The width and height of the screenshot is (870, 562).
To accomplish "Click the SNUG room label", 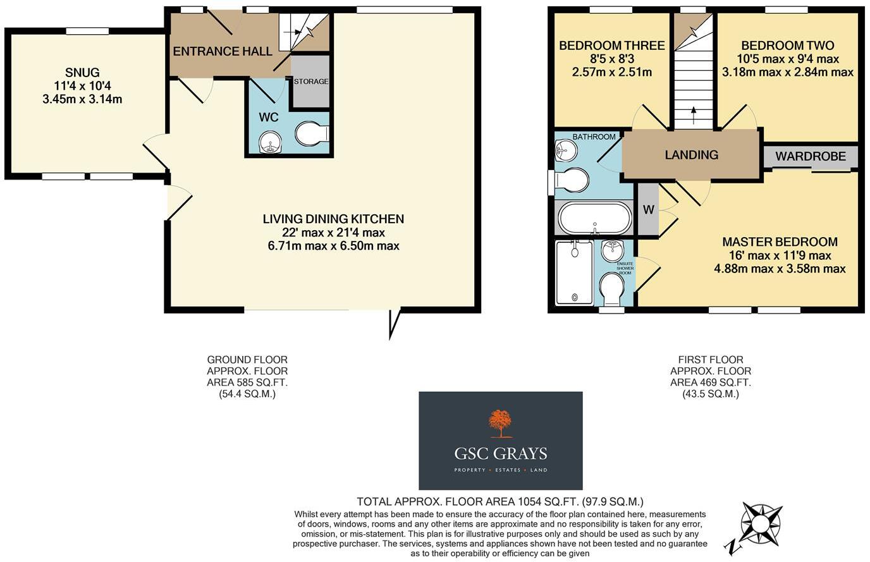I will click(82, 73).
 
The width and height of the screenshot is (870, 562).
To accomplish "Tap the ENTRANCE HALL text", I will click(223, 51).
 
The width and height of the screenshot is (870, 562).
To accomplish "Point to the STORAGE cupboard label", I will click(310, 82).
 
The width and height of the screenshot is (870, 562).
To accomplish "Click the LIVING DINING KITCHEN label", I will click(333, 219).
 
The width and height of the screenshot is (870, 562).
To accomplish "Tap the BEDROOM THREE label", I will click(611, 46).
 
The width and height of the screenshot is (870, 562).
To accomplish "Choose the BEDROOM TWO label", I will click(787, 46).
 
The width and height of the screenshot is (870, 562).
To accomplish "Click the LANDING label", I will click(691, 155).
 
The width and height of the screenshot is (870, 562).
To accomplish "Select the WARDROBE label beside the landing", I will click(811, 156).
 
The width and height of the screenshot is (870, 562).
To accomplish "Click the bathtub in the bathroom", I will click(594, 219).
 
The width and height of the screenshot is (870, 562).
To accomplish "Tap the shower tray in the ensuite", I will click(574, 272).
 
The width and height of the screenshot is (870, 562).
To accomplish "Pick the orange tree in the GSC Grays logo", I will click(500, 423).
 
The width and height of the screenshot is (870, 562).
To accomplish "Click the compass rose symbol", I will click(761, 524).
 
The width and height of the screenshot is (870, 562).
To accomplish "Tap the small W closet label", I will click(648, 210).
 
